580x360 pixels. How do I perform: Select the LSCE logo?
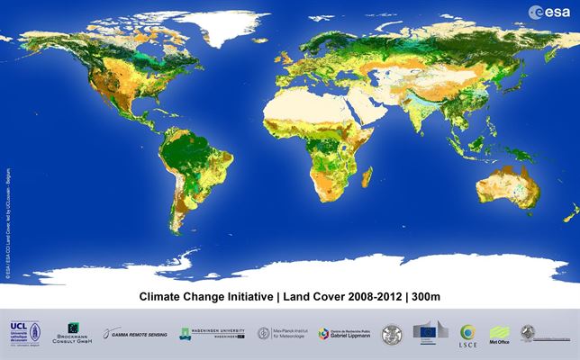(467, 334)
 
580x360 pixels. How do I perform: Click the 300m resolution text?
(423, 295)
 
